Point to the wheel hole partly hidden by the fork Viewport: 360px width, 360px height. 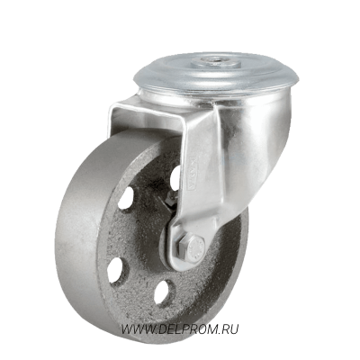point(175,177)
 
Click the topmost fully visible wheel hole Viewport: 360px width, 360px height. point(126,198)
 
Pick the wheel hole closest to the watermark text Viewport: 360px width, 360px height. point(165,292)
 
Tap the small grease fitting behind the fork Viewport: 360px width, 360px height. point(171,200)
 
